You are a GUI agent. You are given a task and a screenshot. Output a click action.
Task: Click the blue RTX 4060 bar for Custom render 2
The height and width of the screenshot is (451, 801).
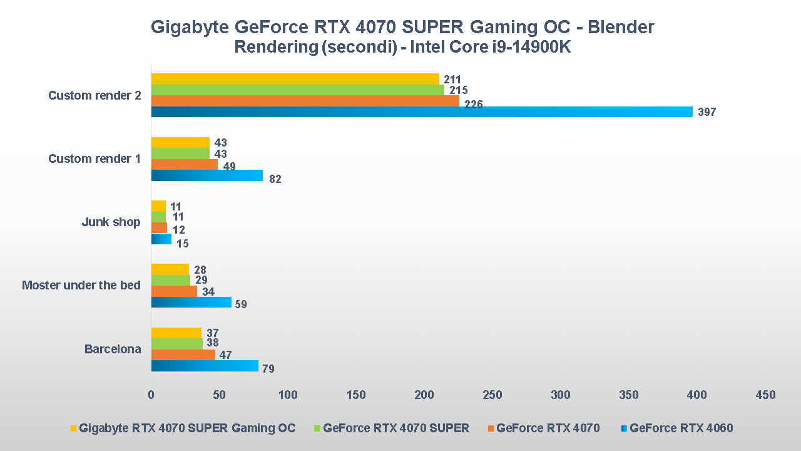click(421, 112)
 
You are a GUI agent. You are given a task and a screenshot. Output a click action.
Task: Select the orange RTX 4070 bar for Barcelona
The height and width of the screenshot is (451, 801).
click(183, 355)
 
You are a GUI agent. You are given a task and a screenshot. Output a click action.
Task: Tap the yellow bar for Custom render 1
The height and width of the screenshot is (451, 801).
click(180, 143)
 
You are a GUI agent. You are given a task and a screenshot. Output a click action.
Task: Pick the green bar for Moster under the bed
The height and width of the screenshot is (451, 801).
click(170, 281)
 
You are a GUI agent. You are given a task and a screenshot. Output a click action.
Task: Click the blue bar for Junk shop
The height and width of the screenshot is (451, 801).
click(161, 239)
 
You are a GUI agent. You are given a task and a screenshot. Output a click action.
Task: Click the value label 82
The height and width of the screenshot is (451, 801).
click(275, 179)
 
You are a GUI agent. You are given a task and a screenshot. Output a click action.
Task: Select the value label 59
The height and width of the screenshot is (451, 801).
click(240, 305)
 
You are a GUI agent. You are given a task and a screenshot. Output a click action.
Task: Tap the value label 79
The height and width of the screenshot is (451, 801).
click(268, 369)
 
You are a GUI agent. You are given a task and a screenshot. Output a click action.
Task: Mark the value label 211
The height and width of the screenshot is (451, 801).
click(452, 80)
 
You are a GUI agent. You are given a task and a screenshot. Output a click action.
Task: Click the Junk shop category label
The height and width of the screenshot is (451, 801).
click(111, 222)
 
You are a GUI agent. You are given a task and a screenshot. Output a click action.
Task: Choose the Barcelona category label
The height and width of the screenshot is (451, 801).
click(113, 350)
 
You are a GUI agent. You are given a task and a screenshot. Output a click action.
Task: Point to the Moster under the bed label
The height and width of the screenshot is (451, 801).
click(81, 286)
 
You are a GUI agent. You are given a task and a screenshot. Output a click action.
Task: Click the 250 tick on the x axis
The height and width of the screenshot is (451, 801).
click(492, 395)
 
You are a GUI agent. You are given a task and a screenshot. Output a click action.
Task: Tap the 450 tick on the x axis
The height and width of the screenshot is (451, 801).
click(765, 395)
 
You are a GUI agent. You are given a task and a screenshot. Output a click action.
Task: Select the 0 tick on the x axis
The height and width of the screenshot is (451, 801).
click(151, 395)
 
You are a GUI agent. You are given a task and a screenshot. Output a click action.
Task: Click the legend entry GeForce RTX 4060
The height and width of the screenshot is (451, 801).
click(681, 428)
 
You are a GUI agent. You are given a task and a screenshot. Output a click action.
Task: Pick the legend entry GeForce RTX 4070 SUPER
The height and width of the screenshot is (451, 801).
click(396, 428)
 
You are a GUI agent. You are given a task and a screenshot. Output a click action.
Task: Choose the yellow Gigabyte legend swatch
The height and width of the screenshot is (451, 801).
click(73, 428)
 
